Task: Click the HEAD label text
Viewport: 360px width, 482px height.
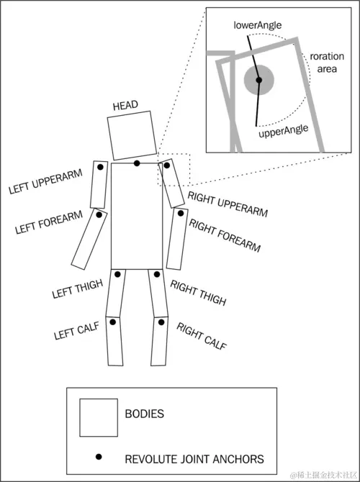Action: click(125, 106)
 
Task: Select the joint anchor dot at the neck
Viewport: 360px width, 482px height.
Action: click(137, 163)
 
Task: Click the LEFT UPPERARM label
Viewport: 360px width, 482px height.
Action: click(45, 181)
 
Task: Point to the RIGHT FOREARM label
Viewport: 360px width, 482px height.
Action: click(225, 235)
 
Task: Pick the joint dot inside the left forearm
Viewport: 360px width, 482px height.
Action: click(99, 215)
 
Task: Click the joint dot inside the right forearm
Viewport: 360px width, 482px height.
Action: click(181, 213)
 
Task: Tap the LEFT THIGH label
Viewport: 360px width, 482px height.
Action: click(78, 289)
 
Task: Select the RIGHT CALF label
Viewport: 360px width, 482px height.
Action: click(202, 336)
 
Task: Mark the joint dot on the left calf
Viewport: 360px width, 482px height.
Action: click(112, 322)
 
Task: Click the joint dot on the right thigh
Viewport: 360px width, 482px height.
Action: click(157, 274)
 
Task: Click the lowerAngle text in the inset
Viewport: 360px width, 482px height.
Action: click(258, 24)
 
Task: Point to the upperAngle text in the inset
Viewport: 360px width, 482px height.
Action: click(284, 131)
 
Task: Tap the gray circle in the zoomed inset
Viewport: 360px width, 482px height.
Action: click(258, 80)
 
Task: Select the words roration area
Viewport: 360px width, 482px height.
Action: click(327, 63)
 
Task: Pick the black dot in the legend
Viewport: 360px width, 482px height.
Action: click(99, 457)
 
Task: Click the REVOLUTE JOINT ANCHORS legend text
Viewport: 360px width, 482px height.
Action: click(194, 459)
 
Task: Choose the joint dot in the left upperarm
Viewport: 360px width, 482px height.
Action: click(100, 167)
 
